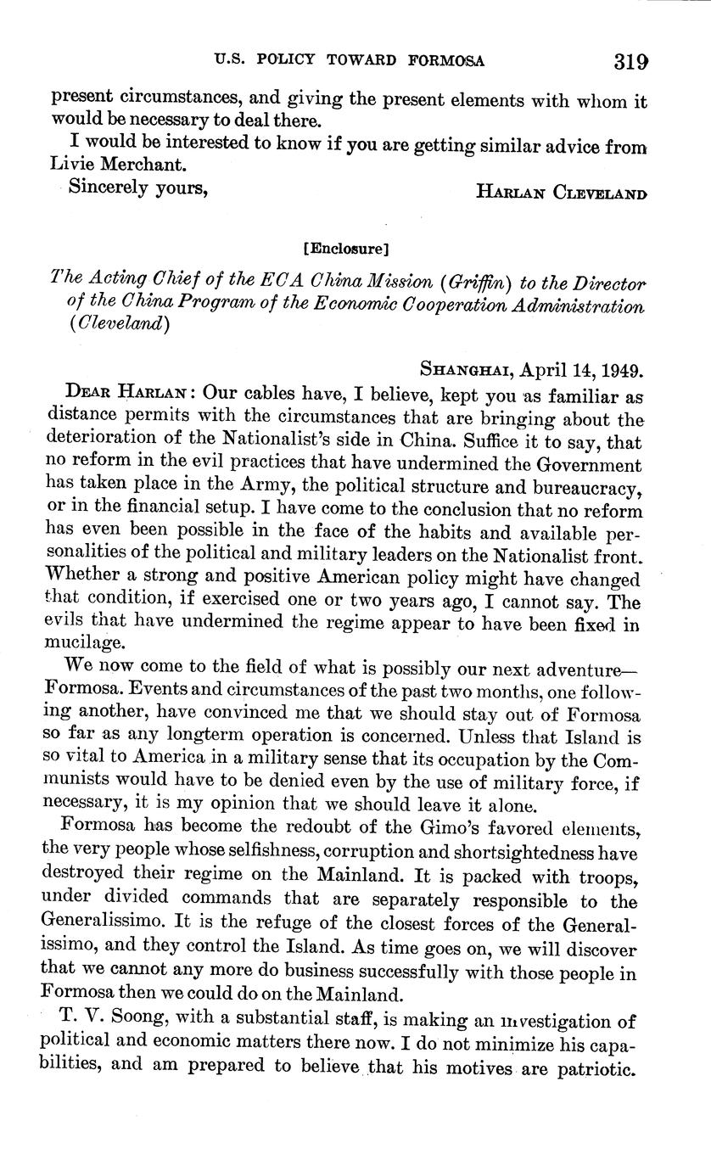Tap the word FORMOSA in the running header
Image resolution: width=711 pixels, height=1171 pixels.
(447, 60)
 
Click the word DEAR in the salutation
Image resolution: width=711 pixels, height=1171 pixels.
(86, 395)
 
